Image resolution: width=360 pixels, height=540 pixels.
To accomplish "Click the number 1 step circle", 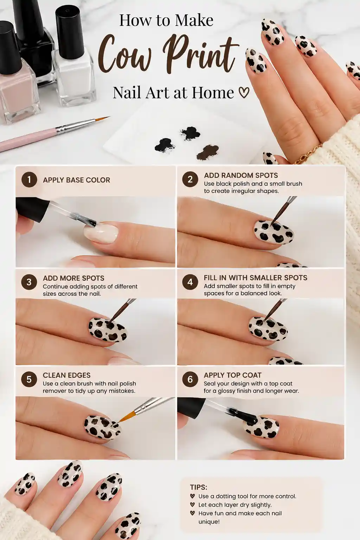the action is tap(29, 180).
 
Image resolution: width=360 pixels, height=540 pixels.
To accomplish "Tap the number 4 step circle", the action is tap(190, 282).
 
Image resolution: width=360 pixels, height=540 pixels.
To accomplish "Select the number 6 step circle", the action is tap(190, 379).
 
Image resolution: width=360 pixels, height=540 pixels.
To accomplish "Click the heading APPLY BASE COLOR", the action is tap(76, 180).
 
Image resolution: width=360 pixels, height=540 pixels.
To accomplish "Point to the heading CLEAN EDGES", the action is tap(66, 375).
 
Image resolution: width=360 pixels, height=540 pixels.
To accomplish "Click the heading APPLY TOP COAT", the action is tap(232, 375).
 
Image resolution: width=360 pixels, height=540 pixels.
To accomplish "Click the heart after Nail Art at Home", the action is tap(244, 93).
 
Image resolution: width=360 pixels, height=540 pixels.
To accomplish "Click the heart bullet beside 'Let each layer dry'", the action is tap(192, 504).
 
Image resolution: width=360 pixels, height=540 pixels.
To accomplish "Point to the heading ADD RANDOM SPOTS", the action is tap(241, 175).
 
